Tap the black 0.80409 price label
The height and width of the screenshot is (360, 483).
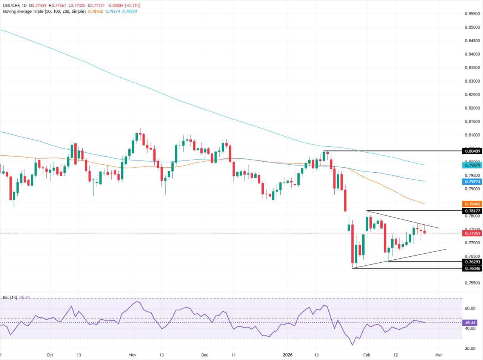(472, 151)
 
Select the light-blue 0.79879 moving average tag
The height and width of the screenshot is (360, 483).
(472, 165)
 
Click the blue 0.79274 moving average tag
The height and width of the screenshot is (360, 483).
(472, 181)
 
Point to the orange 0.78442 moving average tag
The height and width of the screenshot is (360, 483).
(472, 204)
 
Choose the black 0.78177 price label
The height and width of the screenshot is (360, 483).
(472, 211)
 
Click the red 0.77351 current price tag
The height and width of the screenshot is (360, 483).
(472, 233)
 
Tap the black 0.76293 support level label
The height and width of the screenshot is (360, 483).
(472, 262)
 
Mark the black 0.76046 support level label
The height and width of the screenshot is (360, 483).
(472, 268)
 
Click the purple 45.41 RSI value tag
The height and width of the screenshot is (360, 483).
(470, 323)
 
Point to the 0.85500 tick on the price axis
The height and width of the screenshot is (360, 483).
(472, 14)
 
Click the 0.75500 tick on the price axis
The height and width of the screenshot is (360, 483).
(472, 283)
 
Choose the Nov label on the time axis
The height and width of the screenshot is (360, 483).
(132, 355)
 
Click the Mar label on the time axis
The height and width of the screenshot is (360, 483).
(438, 355)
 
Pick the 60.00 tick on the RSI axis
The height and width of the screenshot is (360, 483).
(470, 308)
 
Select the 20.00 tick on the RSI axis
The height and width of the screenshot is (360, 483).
(470, 348)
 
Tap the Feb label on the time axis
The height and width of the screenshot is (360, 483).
(366, 355)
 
